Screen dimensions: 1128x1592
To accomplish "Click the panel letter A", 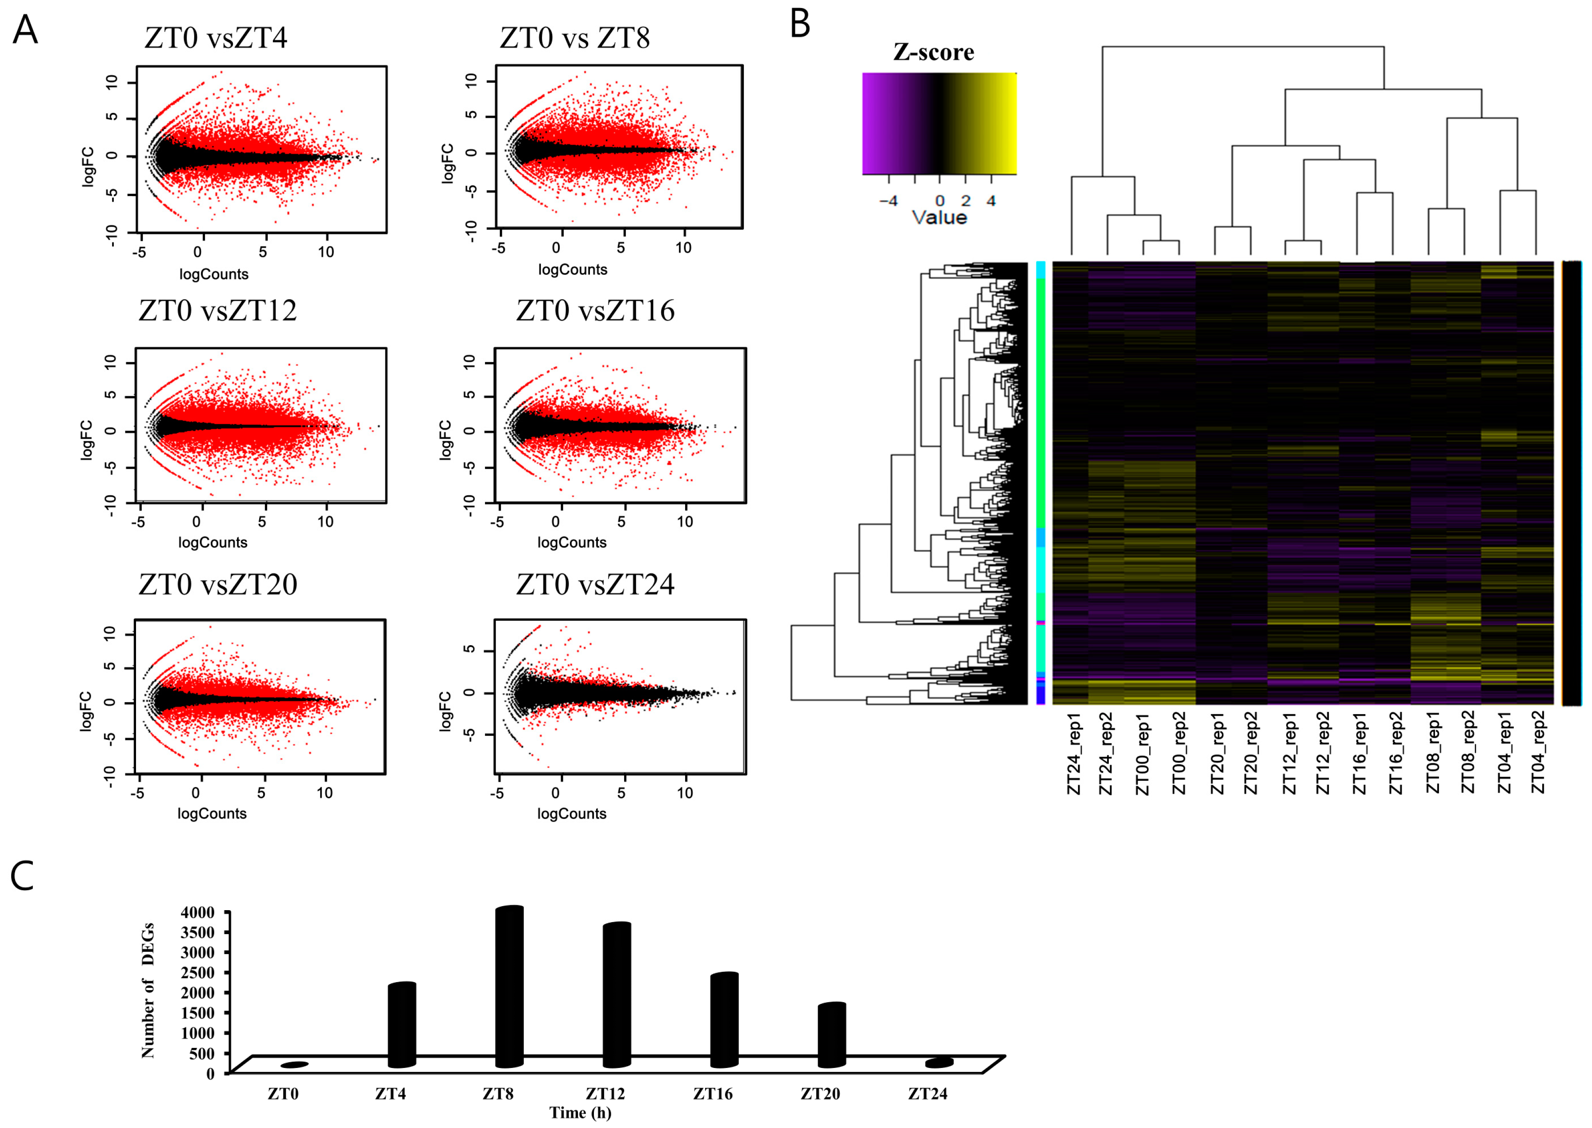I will click(26, 31).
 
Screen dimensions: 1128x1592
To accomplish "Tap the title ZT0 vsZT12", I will click(217, 310).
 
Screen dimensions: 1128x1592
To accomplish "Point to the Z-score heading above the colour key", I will click(934, 52).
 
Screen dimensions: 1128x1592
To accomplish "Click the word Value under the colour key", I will click(939, 218).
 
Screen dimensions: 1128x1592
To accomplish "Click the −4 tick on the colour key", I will click(888, 201).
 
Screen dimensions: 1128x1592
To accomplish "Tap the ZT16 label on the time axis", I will click(713, 1094).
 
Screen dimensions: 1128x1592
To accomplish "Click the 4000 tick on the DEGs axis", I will click(198, 912).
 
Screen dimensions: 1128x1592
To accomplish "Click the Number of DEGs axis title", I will click(148, 990).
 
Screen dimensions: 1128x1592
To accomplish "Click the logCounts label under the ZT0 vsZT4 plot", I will click(213, 274).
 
